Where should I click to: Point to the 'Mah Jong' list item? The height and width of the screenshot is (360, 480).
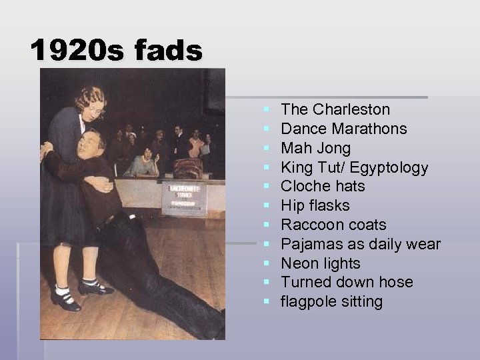click(315, 148)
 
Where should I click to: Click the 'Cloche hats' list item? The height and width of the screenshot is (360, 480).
click(323, 186)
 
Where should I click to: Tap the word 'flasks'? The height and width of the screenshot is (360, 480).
click(328, 205)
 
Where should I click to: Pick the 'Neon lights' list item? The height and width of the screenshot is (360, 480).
click(321, 263)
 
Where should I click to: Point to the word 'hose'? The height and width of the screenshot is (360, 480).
click(397, 282)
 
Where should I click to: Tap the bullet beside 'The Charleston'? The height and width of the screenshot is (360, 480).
click(267, 109)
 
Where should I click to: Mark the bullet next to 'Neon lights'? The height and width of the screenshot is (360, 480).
click(267, 263)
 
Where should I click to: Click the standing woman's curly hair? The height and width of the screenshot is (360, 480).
click(91, 97)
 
